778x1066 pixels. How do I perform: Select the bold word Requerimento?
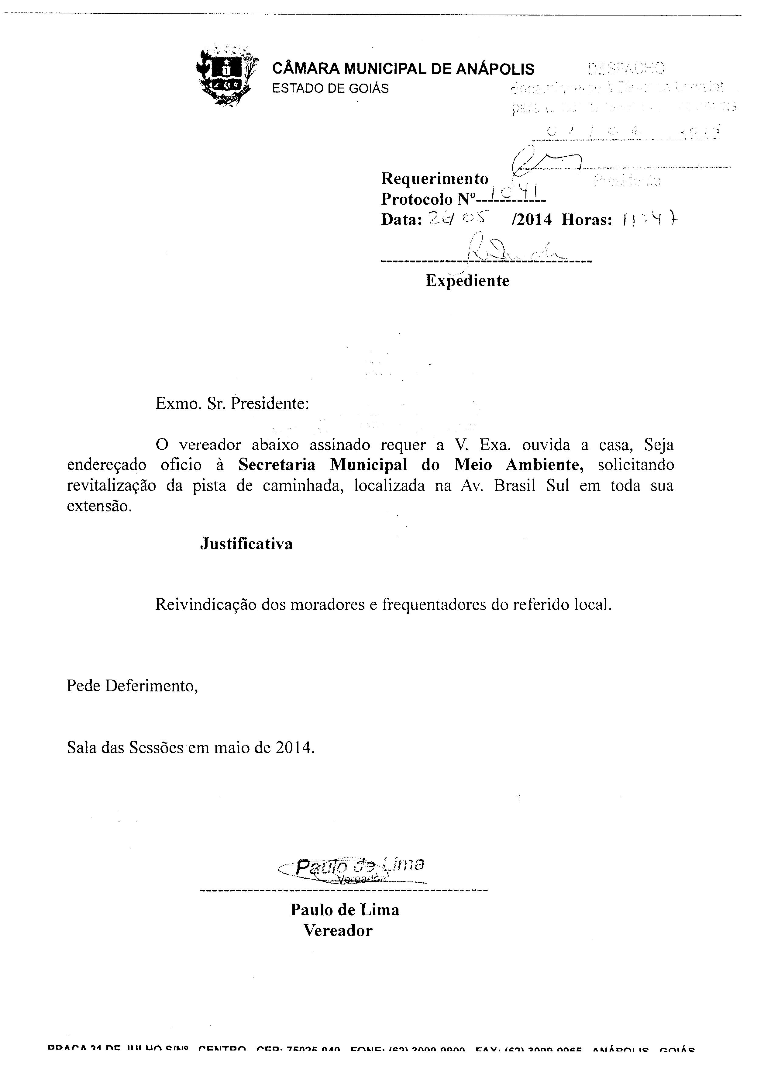pyautogui.click(x=435, y=179)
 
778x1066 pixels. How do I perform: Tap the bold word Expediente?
pyautogui.click(x=468, y=281)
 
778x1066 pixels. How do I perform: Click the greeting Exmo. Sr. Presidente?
pyautogui.click(x=232, y=404)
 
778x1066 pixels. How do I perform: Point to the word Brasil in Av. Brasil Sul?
pyautogui.click(x=515, y=485)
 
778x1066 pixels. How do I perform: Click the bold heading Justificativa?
pyautogui.click(x=246, y=544)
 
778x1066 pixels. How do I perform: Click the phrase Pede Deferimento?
pyautogui.click(x=132, y=686)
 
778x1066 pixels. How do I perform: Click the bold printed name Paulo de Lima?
pyautogui.click(x=345, y=910)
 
